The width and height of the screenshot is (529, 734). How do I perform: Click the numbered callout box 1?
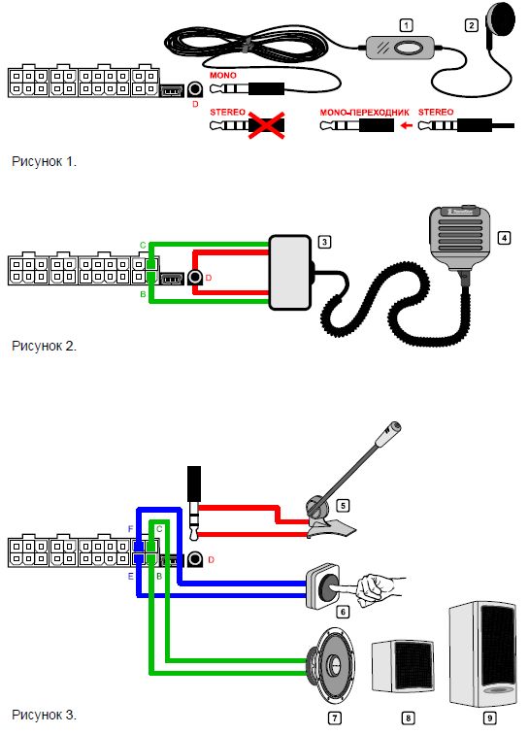point(406,25)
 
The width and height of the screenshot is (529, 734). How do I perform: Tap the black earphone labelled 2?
point(501,22)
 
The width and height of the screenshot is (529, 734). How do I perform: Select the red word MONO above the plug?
point(223,75)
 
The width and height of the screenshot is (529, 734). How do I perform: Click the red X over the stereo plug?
point(266,124)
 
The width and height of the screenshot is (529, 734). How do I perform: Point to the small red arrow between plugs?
point(407,125)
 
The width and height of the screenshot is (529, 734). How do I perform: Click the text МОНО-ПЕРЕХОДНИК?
point(364,113)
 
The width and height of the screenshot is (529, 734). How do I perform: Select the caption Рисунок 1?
point(44,162)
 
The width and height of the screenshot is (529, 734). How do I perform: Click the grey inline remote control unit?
point(399,48)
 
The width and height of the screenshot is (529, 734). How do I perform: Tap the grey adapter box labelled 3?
point(290,273)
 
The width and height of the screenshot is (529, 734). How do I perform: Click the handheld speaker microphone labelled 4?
point(461,239)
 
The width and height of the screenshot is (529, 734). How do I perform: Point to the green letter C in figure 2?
point(143,245)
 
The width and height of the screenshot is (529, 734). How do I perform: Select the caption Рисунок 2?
point(44,347)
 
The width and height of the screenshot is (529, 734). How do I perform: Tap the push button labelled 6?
point(323,586)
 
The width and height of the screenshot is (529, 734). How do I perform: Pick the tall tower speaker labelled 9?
point(483,654)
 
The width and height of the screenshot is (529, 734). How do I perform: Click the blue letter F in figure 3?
point(131,529)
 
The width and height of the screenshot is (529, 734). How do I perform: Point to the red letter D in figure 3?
point(211,560)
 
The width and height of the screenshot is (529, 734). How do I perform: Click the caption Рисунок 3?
point(44,716)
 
